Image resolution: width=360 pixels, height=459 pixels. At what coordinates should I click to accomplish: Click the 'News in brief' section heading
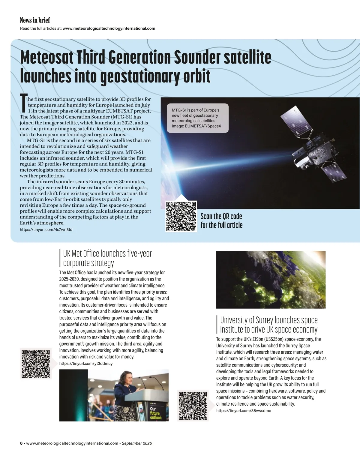[35, 20]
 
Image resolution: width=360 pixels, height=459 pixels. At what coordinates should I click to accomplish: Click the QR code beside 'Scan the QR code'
[181, 216]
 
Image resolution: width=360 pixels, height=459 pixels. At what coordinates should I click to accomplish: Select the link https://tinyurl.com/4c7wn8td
[46, 229]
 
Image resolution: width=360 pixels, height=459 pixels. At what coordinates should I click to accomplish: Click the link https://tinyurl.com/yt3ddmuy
[86, 363]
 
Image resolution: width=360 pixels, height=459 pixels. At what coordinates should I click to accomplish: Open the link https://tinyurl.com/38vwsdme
[243, 410]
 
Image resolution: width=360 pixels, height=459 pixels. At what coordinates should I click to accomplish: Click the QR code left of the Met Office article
[36, 364]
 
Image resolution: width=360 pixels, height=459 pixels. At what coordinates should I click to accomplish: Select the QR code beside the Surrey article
[193, 406]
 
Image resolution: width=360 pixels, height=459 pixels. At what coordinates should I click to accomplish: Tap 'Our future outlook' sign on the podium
[155, 413]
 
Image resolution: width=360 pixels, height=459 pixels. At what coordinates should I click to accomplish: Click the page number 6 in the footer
[21, 443]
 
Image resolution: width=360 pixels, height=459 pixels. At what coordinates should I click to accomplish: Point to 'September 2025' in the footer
[137, 443]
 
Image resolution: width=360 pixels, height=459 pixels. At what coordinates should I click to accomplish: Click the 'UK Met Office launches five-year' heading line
[107, 253]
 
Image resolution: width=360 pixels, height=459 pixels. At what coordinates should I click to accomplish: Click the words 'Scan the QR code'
[221, 216]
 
